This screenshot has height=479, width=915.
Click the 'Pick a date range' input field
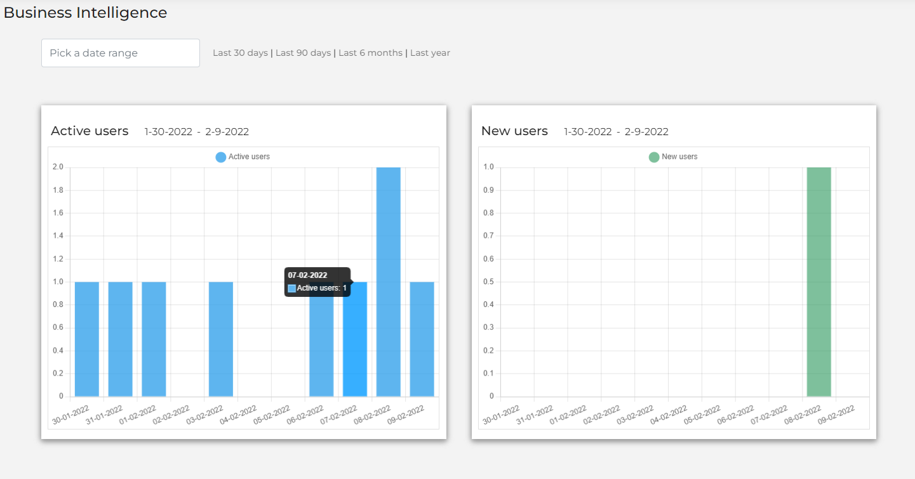pyautogui.click(x=121, y=53)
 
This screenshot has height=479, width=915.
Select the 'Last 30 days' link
pyautogui.click(x=240, y=53)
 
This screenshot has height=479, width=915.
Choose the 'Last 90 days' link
pyautogui.click(x=303, y=53)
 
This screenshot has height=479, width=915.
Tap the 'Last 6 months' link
pyautogui.click(x=370, y=53)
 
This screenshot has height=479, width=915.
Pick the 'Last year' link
pyautogui.click(x=430, y=53)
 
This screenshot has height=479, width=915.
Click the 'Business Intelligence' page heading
pyautogui.click(x=86, y=13)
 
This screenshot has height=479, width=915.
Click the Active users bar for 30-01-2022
pyautogui.click(x=87, y=339)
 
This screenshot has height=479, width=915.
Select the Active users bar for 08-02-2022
pyautogui.click(x=389, y=282)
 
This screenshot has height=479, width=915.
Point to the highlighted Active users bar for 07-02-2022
pyautogui.click(x=355, y=343)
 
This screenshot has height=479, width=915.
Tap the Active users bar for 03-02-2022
pyautogui.click(x=221, y=339)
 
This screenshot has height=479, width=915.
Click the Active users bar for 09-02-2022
pyautogui.click(x=422, y=339)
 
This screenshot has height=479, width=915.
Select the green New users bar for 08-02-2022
pyautogui.click(x=819, y=282)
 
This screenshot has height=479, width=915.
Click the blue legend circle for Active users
pyautogui.click(x=221, y=157)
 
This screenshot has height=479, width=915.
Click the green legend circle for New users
pyautogui.click(x=654, y=157)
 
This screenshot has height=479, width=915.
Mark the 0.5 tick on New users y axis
pyautogui.click(x=488, y=282)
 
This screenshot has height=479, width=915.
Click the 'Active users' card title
pyautogui.click(x=90, y=131)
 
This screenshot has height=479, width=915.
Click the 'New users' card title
pyautogui.click(x=514, y=131)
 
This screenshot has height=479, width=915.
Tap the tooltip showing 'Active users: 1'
pyautogui.click(x=317, y=282)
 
